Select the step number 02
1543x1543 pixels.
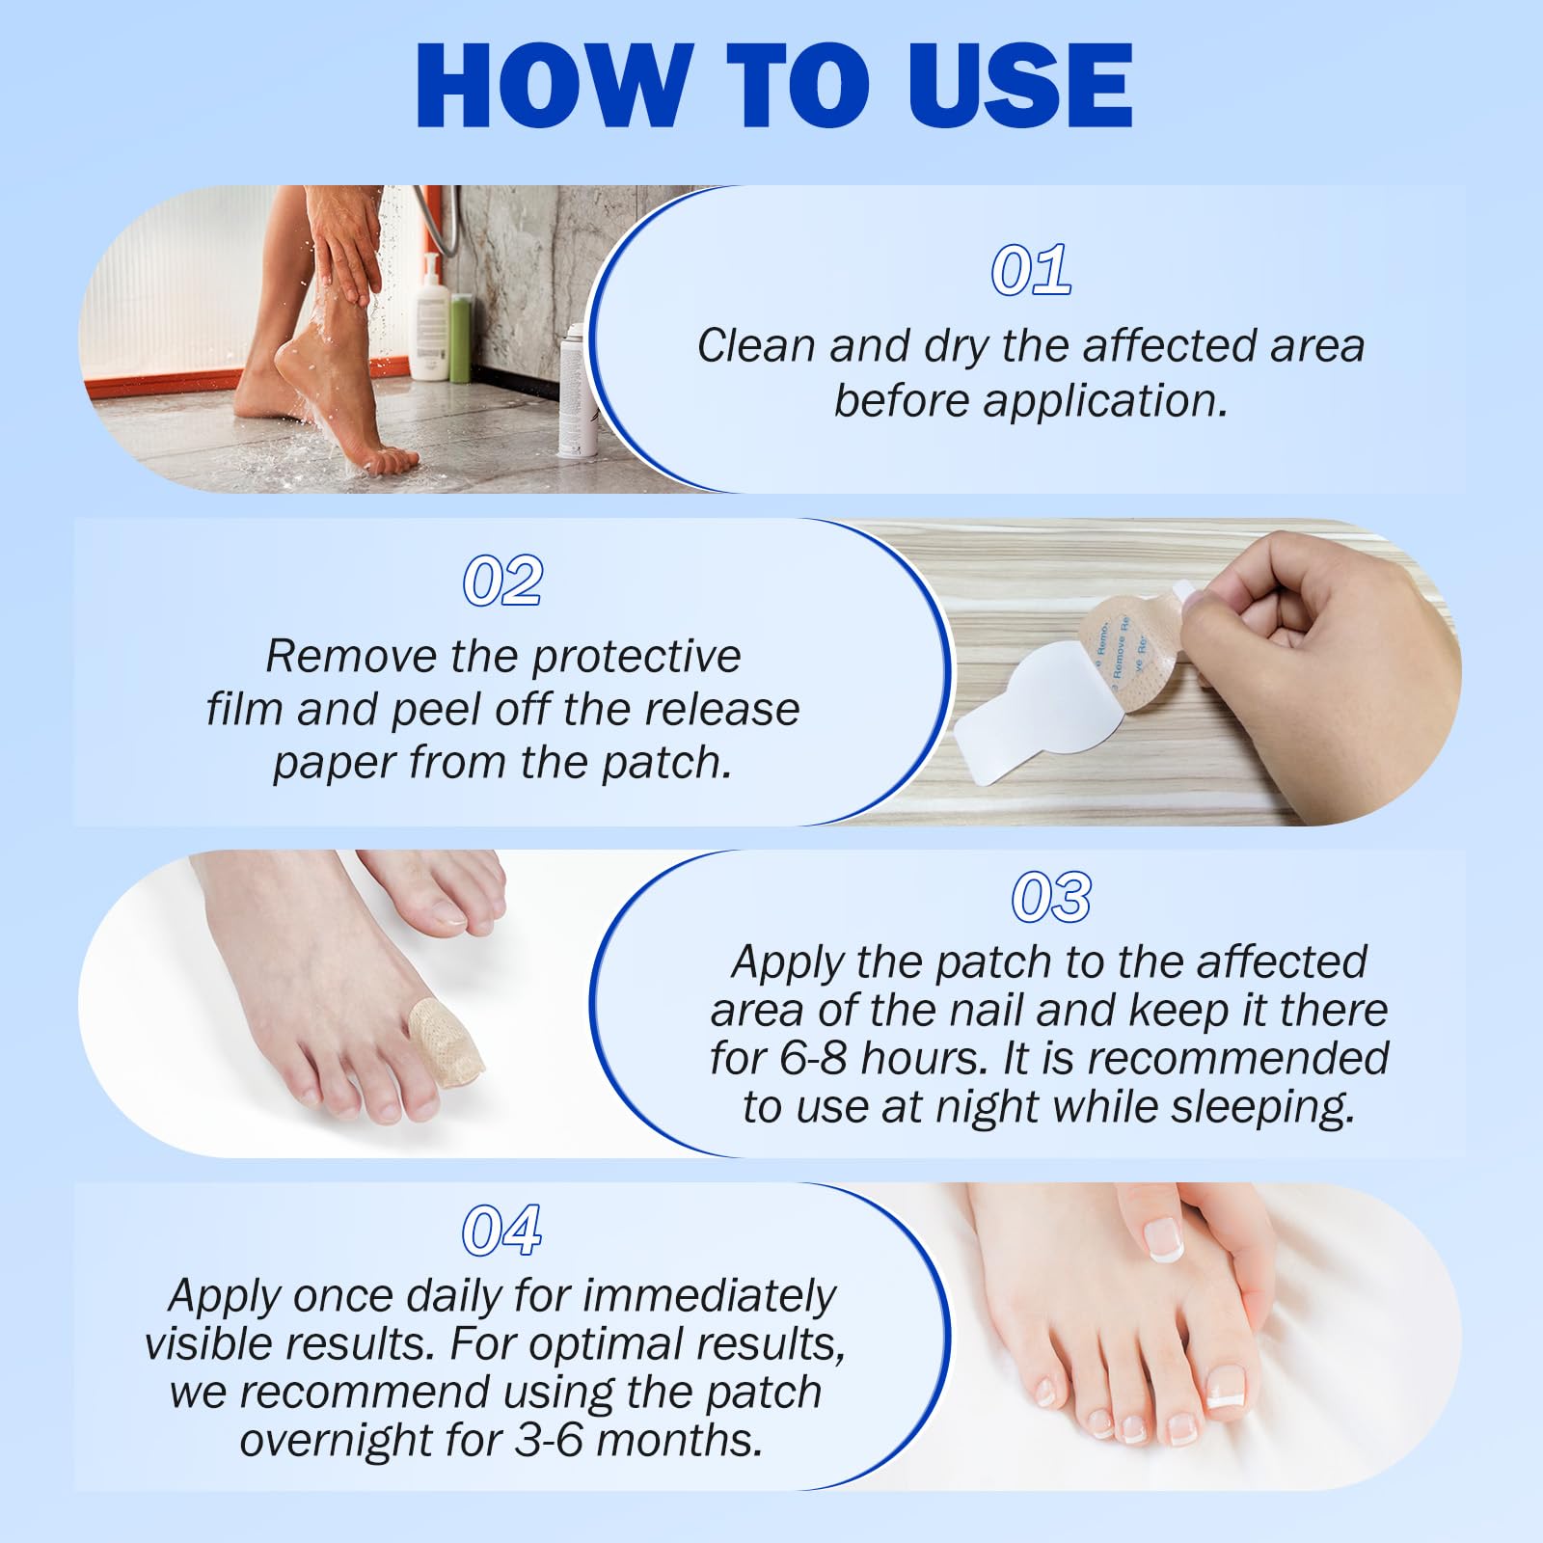coord(502,582)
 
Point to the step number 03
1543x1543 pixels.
coord(1051,897)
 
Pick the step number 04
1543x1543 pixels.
coord(501,1232)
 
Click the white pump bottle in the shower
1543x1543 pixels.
coord(430,323)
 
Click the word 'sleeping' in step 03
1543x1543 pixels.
coord(1262,1107)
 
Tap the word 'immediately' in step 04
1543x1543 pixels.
coord(709,1295)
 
